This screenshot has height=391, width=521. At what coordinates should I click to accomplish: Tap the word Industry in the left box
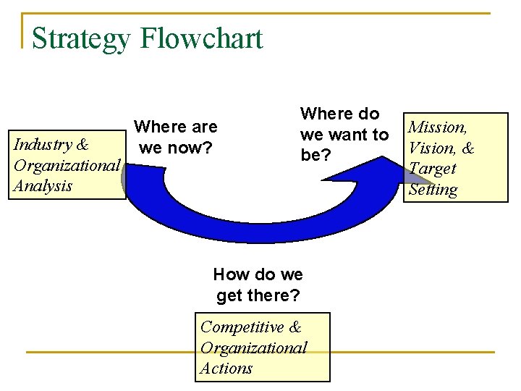(43, 144)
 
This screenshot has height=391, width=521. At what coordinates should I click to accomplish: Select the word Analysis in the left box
(43, 185)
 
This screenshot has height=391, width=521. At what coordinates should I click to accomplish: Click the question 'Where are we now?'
(176, 138)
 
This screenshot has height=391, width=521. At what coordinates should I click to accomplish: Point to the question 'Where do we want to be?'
(344, 134)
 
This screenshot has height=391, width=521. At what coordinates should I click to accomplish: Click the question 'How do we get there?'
(258, 285)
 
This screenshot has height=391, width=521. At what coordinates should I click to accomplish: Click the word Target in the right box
(433, 169)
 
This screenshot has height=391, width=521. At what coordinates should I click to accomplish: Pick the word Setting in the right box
(433, 190)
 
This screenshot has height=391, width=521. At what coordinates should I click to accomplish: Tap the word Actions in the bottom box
(226, 368)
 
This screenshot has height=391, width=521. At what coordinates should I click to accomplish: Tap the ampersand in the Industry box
(82, 144)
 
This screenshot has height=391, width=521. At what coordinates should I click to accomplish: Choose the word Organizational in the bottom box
(254, 348)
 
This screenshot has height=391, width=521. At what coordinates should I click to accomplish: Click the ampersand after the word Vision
(467, 148)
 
